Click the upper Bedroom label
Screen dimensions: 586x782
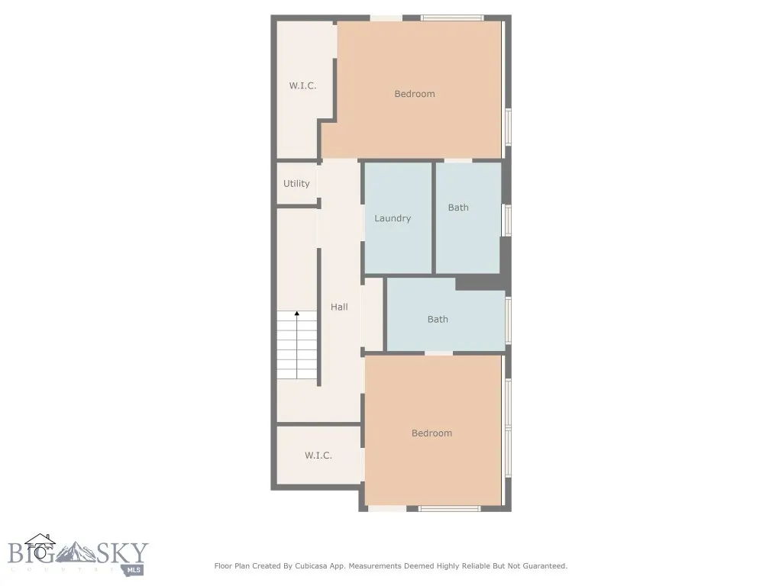click(415, 94)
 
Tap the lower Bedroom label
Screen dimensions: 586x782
click(431, 433)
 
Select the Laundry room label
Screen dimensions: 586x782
click(393, 218)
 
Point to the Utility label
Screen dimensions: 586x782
click(296, 184)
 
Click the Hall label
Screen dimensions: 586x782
click(339, 307)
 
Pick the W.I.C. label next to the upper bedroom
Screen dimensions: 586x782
click(302, 86)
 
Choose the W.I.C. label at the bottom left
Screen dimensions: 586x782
click(318, 456)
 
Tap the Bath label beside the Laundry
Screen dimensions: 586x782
click(458, 208)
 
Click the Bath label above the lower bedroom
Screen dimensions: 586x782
click(438, 320)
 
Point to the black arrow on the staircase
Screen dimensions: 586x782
click(297, 314)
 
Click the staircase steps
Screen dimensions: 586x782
click(297, 347)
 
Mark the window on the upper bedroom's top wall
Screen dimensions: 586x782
click(452, 18)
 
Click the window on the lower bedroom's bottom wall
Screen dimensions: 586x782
click(450, 507)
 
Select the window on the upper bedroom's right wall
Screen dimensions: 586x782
click(508, 127)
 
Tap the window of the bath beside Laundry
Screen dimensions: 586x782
click(506, 220)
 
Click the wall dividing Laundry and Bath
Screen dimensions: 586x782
click(434, 217)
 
